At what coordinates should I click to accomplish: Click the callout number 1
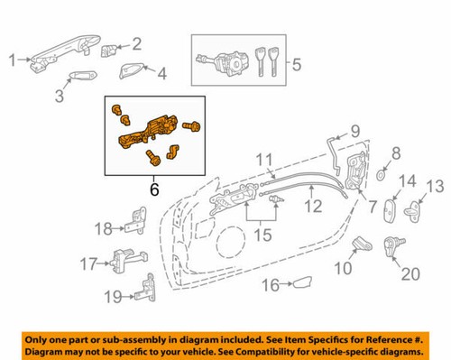(x=13, y=60)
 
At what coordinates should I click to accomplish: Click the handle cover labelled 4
(x=128, y=72)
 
